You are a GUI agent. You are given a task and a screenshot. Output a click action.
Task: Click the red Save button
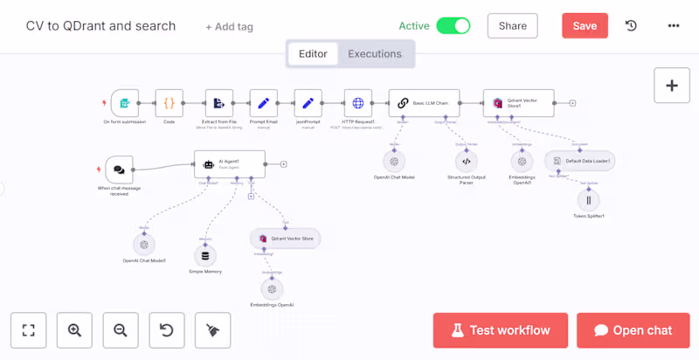pos(585,26)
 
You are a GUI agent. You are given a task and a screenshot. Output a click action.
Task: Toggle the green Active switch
pos(453,26)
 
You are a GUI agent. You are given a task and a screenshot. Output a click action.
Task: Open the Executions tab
pos(375,54)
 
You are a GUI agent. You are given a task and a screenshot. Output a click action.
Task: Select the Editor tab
pos(313,54)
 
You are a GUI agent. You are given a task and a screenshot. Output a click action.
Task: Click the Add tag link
pos(229,27)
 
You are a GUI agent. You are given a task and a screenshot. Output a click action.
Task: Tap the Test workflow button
pos(501,330)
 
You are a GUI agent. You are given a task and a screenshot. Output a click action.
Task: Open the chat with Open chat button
pos(633,330)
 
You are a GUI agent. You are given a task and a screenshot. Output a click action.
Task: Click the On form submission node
pos(125,103)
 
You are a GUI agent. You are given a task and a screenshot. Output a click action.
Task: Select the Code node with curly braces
pos(170,103)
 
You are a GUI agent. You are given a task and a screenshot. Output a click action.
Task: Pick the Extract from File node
pos(219,103)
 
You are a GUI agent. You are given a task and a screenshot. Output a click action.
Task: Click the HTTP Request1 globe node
pos(357,103)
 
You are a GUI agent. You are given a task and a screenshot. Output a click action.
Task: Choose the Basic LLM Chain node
pos(424,103)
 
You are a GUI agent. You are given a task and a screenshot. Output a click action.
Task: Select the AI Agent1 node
pos(229,163)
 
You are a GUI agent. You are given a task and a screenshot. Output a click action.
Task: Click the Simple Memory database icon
pos(206,255)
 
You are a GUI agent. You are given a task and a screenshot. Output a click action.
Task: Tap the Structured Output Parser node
pos(466,161)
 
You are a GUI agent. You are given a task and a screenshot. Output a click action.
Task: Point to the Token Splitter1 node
pos(589,200)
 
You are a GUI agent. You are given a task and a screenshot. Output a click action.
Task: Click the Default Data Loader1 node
pos(579,162)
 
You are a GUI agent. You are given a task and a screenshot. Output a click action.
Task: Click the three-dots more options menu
pos(674,26)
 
